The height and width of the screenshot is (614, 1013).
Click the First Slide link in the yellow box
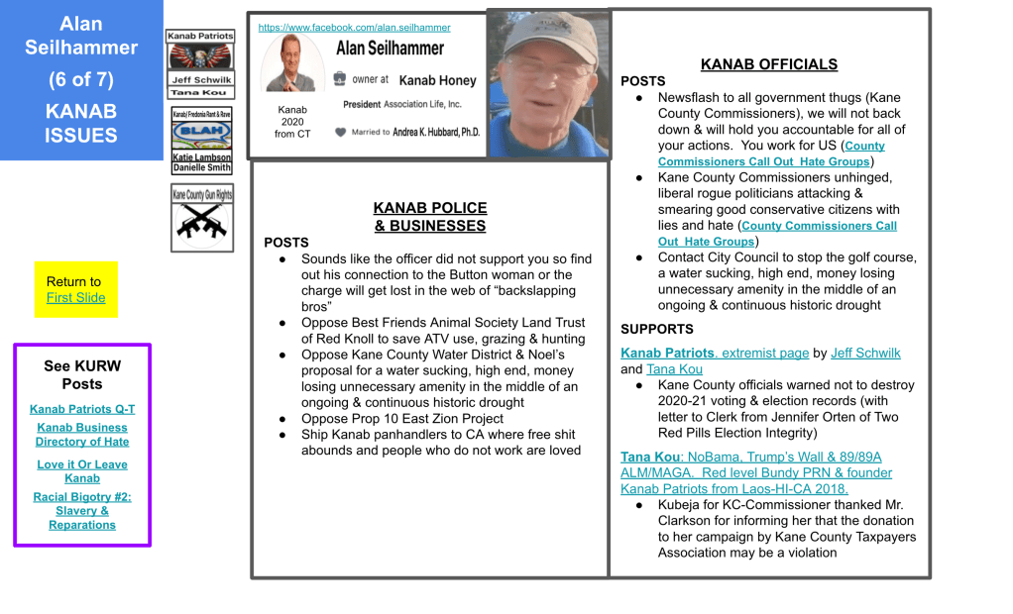tap(75, 297)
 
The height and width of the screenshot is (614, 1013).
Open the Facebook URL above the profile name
tap(354, 28)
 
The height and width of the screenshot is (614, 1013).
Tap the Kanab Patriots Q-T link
tap(82, 409)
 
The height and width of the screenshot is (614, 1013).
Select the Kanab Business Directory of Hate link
tap(82, 435)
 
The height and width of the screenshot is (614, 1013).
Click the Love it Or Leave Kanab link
tap(82, 471)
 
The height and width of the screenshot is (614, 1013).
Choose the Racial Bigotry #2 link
tap(82, 511)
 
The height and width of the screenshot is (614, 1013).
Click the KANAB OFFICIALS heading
tap(768, 64)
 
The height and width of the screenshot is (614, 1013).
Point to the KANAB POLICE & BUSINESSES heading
tap(430, 217)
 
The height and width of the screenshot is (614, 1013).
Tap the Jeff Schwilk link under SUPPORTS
tap(865, 354)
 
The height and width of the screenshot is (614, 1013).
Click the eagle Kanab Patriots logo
tap(200, 58)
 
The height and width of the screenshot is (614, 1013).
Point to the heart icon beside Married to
tap(340, 132)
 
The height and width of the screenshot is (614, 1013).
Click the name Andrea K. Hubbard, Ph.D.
tap(435, 132)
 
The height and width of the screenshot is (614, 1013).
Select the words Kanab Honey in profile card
tap(438, 80)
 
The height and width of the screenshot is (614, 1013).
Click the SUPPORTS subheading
tap(657, 329)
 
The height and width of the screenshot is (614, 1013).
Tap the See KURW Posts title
tap(82, 374)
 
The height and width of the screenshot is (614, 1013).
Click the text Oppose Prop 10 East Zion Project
tap(389, 419)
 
